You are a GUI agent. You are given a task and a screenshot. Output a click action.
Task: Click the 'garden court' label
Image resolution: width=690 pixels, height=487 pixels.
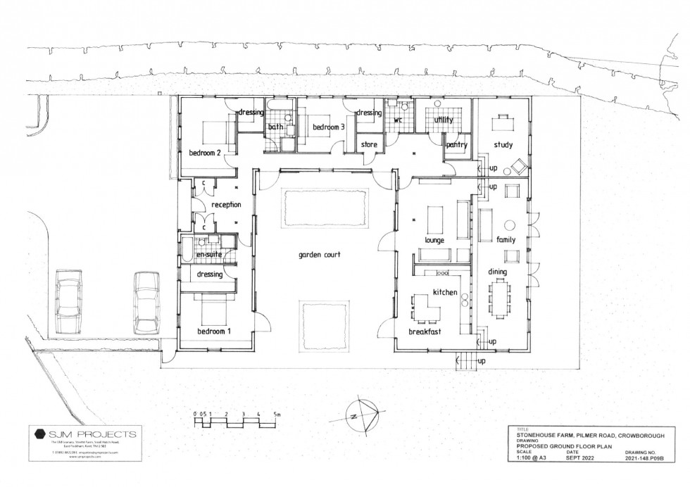click(319, 255)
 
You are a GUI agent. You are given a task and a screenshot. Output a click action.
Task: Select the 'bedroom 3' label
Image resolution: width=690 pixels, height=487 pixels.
click(329, 127)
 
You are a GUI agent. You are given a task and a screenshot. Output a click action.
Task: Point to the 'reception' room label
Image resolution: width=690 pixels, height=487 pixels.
click(226, 205)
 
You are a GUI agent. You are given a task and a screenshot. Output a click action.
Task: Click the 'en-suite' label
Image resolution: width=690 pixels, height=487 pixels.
click(208, 255)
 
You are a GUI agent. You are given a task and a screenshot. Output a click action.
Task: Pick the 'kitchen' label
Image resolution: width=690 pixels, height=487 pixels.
click(445, 292)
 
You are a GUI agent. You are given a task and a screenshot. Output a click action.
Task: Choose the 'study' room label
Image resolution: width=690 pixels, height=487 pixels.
click(503, 146)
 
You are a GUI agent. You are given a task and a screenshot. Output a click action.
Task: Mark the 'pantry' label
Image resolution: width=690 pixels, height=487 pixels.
click(457, 145)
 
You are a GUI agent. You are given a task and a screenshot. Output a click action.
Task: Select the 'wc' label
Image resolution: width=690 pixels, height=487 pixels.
click(396, 120)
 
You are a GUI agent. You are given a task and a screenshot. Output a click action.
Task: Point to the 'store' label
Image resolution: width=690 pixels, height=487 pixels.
click(370, 145)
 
